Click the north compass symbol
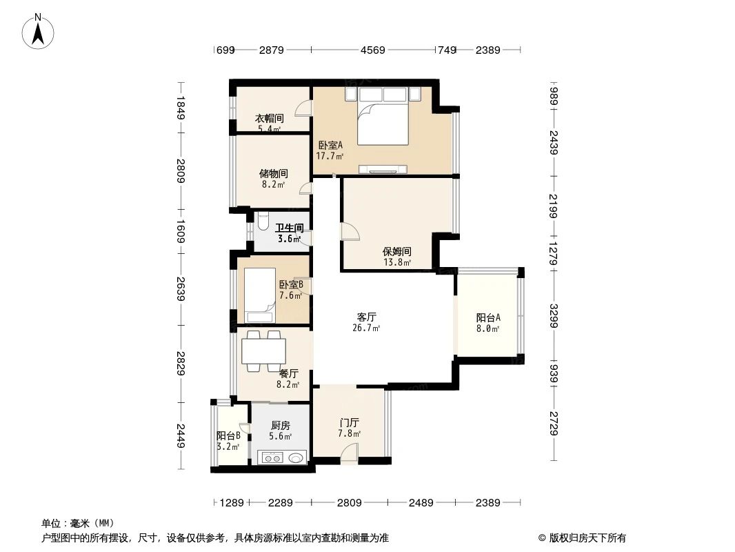(39, 31)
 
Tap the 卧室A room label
(330, 150)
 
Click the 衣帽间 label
(270, 123)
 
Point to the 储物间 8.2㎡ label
(274, 179)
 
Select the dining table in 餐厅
(263, 351)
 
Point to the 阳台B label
(228, 440)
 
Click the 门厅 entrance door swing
(350, 453)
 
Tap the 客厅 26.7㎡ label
(366, 322)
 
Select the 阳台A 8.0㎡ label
(487, 323)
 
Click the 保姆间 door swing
(350, 231)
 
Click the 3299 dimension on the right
(554, 316)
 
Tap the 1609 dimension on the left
(180, 232)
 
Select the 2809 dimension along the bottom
(350, 503)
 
